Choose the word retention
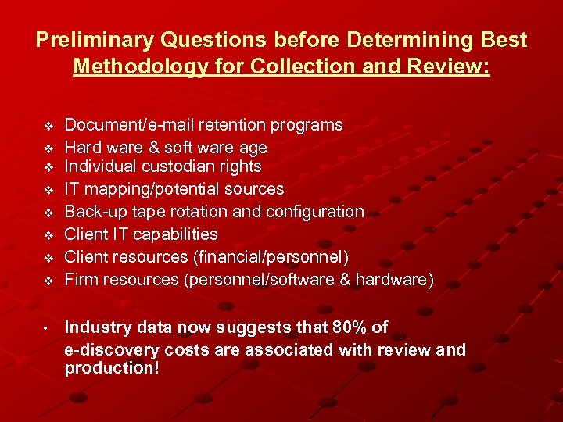pos(236,125)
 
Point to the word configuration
pos(316,211)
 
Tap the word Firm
pos(81,279)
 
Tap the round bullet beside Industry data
pos(47,327)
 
